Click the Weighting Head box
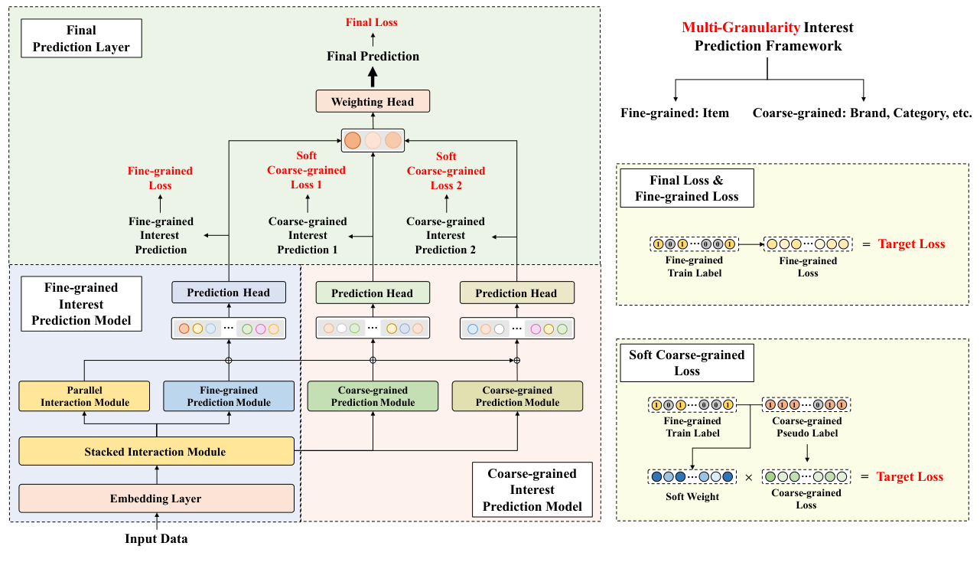click(373, 102)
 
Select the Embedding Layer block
click(156, 499)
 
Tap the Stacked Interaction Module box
click(156, 451)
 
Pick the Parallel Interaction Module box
click(85, 396)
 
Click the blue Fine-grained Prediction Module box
click(229, 396)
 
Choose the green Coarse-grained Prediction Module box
click(373, 396)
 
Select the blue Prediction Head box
click(229, 293)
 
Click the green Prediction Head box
click(373, 293)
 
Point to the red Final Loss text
click(372, 22)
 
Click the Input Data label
click(156, 538)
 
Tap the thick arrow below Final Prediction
click(373, 77)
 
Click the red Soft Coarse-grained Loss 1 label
click(306, 170)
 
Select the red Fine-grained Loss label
click(160, 178)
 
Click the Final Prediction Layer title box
click(81, 39)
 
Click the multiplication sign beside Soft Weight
click(748, 477)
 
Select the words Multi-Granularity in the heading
click(741, 28)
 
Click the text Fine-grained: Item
click(675, 113)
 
